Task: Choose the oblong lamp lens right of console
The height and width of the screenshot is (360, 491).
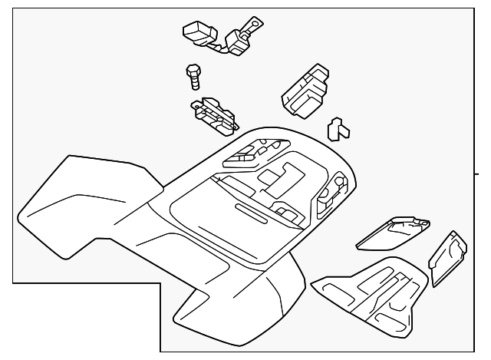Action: (394, 232)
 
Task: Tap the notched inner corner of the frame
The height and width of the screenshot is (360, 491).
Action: (160, 283)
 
